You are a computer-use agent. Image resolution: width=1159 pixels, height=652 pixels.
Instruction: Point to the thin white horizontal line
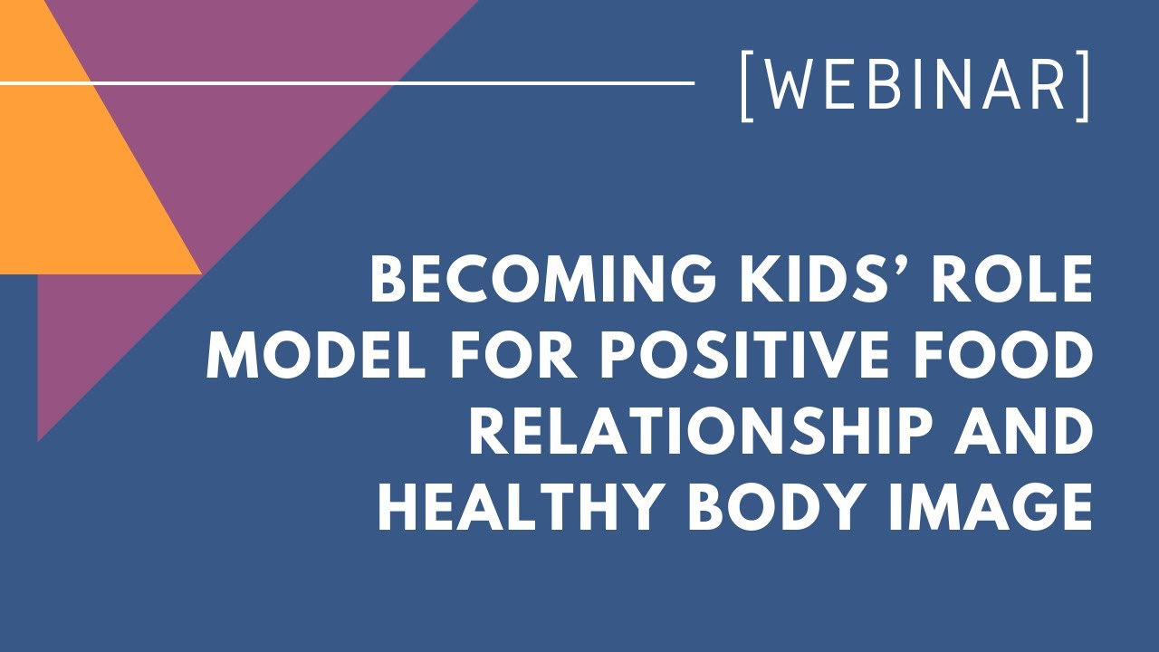(x=453, y=82)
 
